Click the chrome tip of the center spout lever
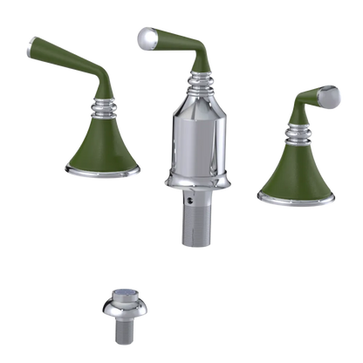[x=145, y=36]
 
